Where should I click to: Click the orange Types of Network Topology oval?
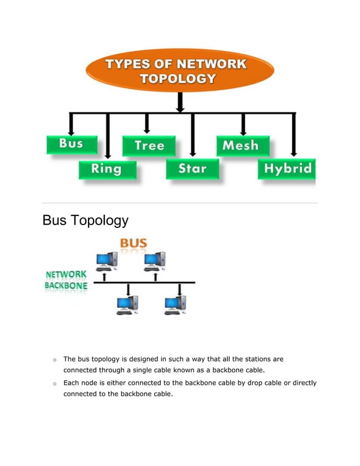point(179,72)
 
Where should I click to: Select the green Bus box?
point(71,144)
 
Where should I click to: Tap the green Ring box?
point(107,169)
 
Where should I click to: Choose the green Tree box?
point(150,146)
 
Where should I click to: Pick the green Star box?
point(192,168)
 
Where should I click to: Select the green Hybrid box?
point(287,169)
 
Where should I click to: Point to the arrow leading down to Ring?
point(107,135)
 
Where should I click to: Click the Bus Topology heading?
point(85,220)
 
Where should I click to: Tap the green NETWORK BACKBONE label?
point(65,280)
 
